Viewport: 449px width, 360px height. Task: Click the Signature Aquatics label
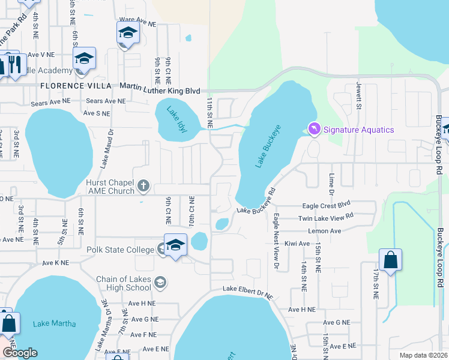pyautogui.click(x=359, y=130)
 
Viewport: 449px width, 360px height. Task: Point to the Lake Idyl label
pyautogui.click(x=173, y=112)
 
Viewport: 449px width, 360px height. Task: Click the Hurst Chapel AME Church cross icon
pyautogui.click(x=143, y=186)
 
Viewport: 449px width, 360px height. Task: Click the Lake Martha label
pyautogui.click(x=55, y=324)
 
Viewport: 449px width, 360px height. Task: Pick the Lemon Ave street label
pyautogui.click(x=324, y=231)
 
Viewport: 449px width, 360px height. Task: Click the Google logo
pyautogui.click(x=20, y=353)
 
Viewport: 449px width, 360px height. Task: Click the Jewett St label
pyautogui.click(x=358, y=96)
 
